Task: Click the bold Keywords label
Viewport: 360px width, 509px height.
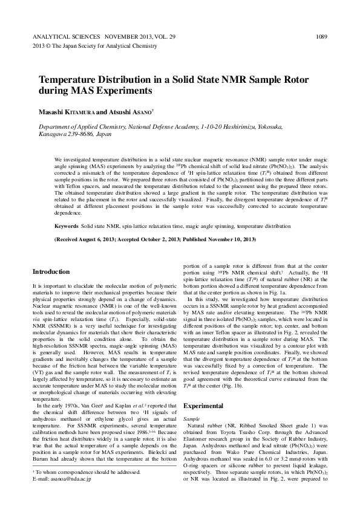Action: click(x=66, y=225)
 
